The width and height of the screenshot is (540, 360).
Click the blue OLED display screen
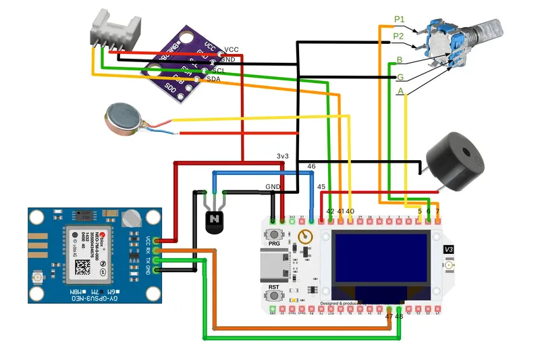[x=381, y=257]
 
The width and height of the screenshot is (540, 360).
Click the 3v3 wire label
[x=283, y=156]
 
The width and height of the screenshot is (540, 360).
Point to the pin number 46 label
[x=311, y=165]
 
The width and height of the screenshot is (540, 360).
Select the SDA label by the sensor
[x=213, y=79]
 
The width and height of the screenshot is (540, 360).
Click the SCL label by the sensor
[x=219, y=70]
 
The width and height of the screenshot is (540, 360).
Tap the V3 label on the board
[x=449, y=250]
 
